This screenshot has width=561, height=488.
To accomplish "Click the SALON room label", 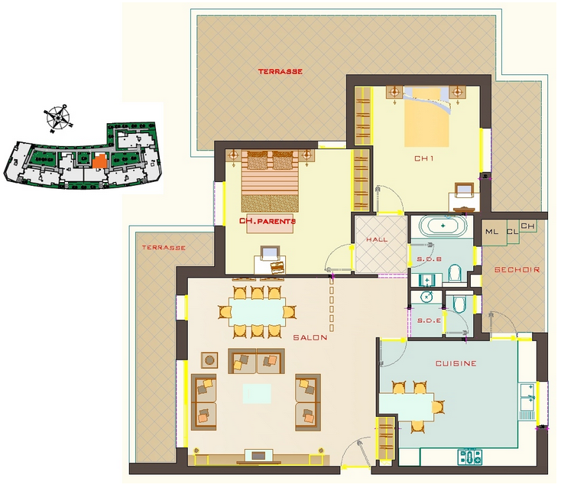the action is [x=310, y=337].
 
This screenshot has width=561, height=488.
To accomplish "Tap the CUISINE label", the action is [x=456, y=363].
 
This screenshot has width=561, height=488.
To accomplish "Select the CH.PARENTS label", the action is [x=268, y=221].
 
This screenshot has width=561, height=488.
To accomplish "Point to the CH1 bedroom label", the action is [x=424, y=158].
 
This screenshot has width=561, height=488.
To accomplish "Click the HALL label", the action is [x=377, y=239].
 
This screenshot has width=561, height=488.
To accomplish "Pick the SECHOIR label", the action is [x=517, y=269].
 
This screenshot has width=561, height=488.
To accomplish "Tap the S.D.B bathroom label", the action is [x=430, y=259].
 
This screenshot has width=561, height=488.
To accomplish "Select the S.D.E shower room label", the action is [x=429, y=320].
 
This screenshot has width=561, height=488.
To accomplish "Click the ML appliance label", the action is [x=491, y=232].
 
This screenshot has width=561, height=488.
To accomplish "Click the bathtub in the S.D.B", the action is [x=443, y=226].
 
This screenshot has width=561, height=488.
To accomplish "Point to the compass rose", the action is [x=57, y=118].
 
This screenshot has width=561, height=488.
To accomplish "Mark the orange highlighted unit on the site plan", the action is [x=99, y=161].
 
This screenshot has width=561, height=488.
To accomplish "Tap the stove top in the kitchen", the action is [x=470, y=457].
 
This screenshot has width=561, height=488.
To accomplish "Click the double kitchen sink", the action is [x=527, y=397].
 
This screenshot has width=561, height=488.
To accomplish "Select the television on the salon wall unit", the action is [x=258, y=455].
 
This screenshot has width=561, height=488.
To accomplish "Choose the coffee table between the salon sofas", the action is [x=257, y=393].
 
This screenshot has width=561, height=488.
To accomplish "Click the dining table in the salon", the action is [x=257, y=311].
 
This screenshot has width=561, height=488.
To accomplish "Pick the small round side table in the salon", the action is [x=209, y=359].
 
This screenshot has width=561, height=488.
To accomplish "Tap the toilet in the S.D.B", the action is [x=455, y=274].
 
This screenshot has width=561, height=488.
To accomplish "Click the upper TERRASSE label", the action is [x=280, y=72].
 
